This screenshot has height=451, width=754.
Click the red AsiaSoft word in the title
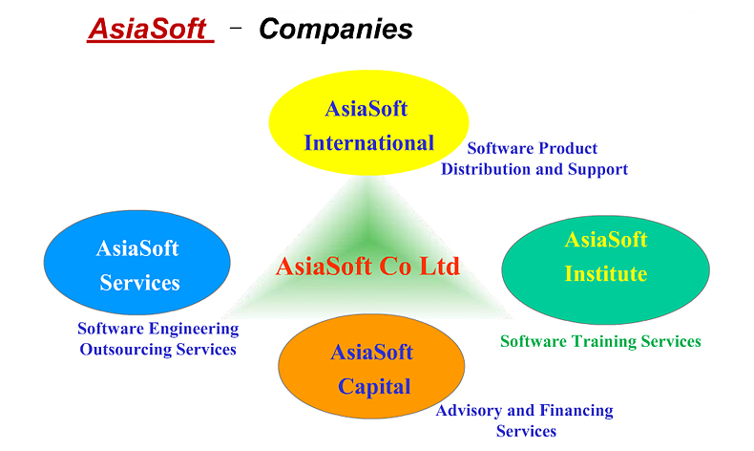(x=149, y=29)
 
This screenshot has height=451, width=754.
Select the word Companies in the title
(x=336, y=30)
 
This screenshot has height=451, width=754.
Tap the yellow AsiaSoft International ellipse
(x=368, y=123)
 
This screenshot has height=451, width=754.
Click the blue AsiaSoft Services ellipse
(x=137, y=263)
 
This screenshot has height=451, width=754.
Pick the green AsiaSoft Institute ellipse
(x=605, y=269)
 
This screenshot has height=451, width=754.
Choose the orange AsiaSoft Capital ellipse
(x=371, y=366)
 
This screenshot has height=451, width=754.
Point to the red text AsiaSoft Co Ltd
(x=367, y=267)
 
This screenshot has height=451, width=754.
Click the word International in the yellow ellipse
(x=368, y=143)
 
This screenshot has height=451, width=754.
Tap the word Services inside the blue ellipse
(x=139, y=283)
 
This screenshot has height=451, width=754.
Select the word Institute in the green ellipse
(x=606, y=273)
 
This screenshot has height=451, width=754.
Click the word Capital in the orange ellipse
(x=374, y=387)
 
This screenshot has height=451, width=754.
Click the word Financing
(x=576, y=411)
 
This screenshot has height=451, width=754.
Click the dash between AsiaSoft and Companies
(x=236, y=28)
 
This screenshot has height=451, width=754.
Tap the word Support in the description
(x=597, y=169)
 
